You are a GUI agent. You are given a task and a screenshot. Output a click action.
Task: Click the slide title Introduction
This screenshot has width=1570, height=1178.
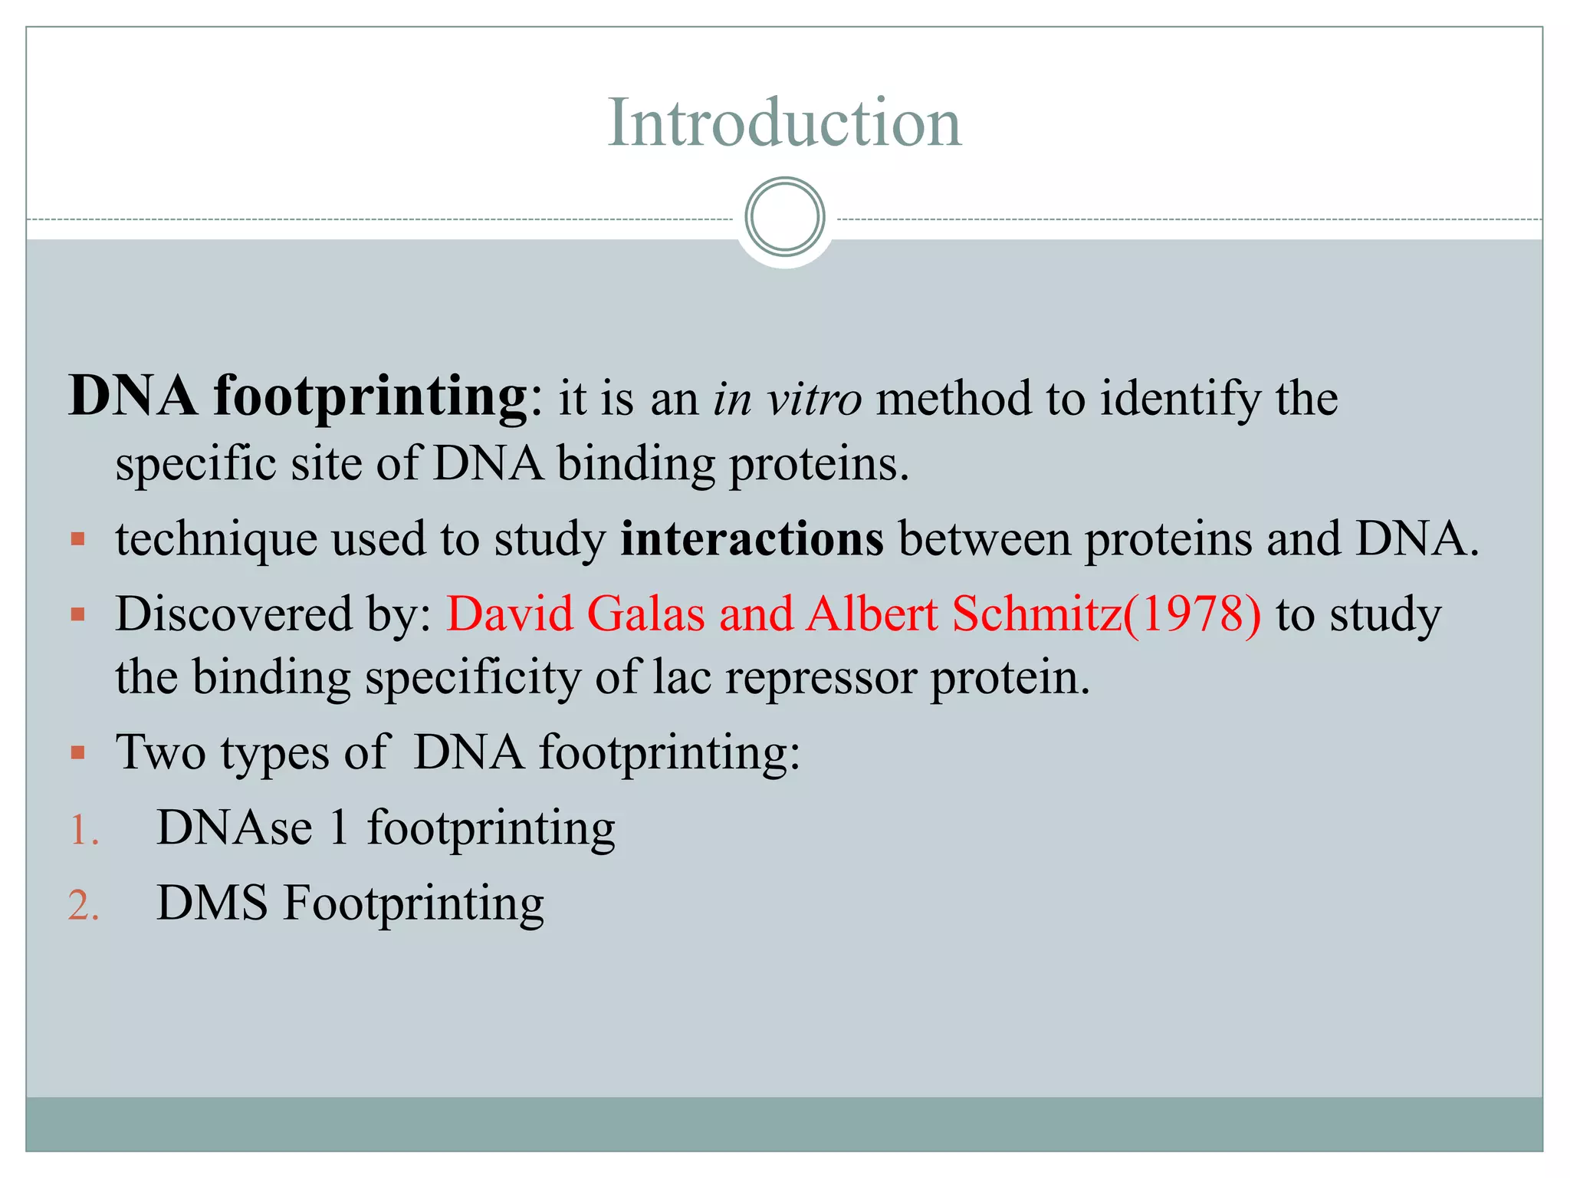pyautogui.click(x=784, y=123)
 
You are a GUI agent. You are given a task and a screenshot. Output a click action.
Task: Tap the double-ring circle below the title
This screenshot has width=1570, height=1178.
pyautogui.click(x=784, y=217)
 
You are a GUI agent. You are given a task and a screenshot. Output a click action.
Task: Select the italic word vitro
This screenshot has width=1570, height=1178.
pyautogui.click(x=815, y=399)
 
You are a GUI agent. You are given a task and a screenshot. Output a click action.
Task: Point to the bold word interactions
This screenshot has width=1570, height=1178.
pyautogui.click(x=751, y=538)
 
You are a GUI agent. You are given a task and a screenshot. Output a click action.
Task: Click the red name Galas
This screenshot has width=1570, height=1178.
pyautogui.click(x=645, y=614)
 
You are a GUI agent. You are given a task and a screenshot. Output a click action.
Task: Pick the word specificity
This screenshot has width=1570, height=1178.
pyautogui.click(x=472, y=677)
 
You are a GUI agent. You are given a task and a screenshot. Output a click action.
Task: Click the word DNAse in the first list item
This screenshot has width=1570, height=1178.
pyautogui.click(x=235, y=828)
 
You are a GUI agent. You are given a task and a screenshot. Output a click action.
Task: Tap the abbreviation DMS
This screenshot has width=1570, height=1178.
pyautogui.click(x=212, y=903)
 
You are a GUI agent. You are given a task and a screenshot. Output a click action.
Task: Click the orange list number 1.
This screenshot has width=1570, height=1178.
pyautogui.click(x=83, y=831)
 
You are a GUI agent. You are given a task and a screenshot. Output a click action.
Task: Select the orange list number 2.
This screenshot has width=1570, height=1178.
pyautogui.click(x=83, y=906)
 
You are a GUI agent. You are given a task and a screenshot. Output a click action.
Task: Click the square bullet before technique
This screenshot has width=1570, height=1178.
pyautogui.click(x=77, y=540)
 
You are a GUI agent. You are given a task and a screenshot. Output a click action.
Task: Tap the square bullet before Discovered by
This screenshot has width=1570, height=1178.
pyautogui.click(x=77, y=615)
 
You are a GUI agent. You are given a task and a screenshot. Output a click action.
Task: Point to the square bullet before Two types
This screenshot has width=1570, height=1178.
pyautogui.click(x=77, y=752)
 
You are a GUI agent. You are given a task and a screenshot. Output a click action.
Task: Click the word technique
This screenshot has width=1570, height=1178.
pyautogui.click(x=216, y=540)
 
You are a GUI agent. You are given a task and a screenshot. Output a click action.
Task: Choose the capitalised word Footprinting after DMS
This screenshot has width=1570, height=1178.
pyautogui.click(x=414, y=904)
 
